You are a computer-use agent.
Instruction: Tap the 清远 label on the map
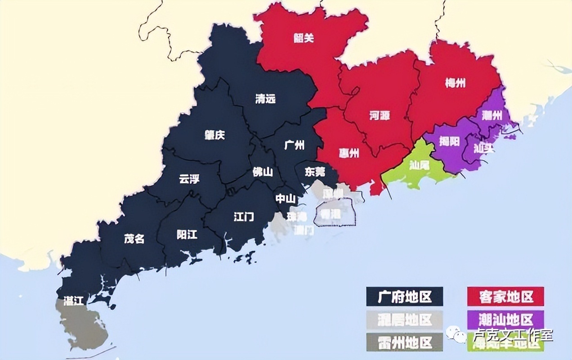point(265,99)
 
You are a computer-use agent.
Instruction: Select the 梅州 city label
point(455,83)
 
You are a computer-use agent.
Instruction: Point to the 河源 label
point(380,116)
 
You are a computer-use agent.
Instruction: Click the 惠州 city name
point(349,153)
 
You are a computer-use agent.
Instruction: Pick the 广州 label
point(295,145)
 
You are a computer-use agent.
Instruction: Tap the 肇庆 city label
point(214,135)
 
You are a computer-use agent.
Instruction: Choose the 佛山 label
point(263,171)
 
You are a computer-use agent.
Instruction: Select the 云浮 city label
point(189,179)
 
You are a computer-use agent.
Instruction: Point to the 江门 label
point(244,217)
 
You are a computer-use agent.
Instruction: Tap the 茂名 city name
point(134,238)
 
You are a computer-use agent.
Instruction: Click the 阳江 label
point(187,235)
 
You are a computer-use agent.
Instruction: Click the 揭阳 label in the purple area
point(449,141)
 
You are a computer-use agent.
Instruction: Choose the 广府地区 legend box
point(404,297)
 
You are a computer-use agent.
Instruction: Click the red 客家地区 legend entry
point(505,297)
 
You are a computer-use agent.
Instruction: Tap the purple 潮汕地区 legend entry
point(505,319)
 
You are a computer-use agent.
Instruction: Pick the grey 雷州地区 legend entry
point(404,342)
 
